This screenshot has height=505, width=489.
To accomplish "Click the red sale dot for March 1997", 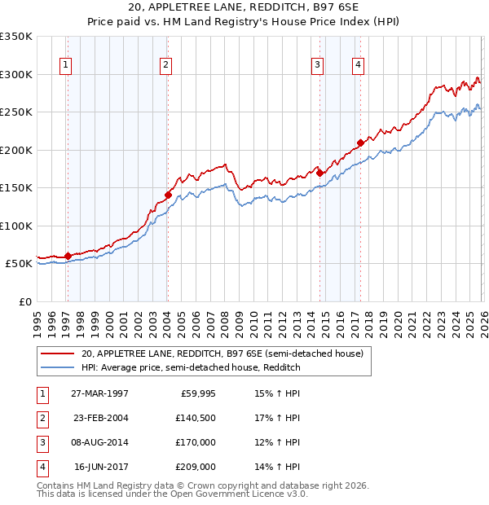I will (68, 256).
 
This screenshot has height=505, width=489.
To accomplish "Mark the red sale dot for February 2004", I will (168, 195).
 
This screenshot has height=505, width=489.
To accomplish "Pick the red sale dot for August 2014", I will (319, 173).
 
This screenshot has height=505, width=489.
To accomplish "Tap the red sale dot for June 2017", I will (360, 143).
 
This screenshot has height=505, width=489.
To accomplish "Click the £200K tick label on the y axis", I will (16, 150).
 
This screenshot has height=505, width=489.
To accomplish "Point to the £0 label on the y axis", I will (24, 301).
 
